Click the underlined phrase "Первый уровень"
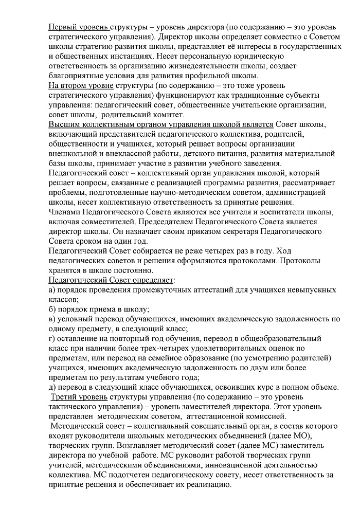click(x=78, y=27)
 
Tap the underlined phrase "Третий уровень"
click(x=80, y=397)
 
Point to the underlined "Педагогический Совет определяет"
click(x=111, y=280)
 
